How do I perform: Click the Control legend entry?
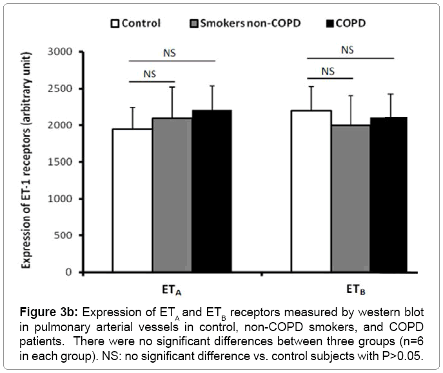click(135, 24)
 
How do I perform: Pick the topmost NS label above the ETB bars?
click(347, 49)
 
